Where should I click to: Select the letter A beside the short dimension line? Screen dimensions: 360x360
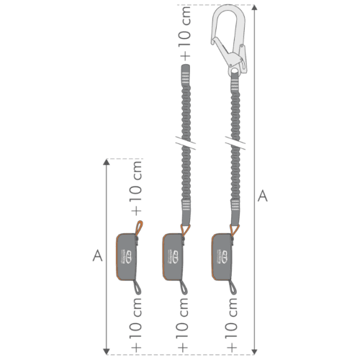(x=97, y=255)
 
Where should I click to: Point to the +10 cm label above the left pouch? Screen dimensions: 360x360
(x=137, y=189)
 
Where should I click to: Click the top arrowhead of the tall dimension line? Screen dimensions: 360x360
(x=253, y=9)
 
